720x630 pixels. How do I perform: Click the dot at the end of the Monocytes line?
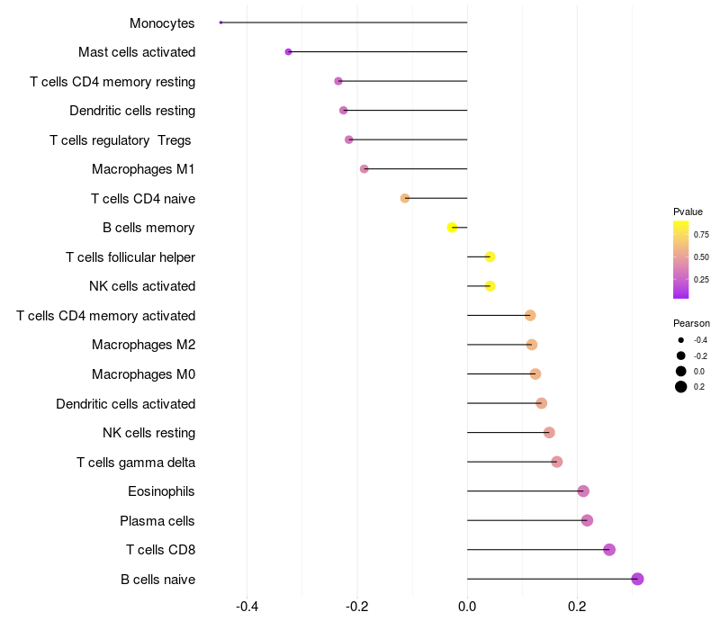(220, 22)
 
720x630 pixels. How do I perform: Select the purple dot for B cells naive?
(637, 579)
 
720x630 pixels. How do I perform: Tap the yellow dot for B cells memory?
(453, 228)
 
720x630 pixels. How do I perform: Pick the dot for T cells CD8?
(609, 550)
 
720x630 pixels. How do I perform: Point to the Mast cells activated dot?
(288, 52)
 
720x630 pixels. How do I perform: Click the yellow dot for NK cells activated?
(490, 286)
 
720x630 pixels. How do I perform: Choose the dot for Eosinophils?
(583, 491)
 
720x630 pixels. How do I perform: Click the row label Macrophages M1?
(143, 169)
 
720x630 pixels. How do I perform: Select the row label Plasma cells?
(157, 521)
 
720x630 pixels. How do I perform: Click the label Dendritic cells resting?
(132, 111)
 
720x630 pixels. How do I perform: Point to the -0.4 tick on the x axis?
(247, 607)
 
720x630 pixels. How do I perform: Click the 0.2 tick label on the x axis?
(577, 607)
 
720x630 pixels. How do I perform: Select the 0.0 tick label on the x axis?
(467, 607)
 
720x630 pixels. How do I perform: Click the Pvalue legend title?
(688, 211)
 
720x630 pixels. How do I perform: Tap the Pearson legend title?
(691, 323)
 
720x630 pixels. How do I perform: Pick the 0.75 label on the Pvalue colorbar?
(702, 235)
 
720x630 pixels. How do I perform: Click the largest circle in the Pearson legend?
(681, 387)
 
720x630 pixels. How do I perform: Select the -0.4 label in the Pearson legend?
(700, 340)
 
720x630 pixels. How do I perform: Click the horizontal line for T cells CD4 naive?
(436, 198)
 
